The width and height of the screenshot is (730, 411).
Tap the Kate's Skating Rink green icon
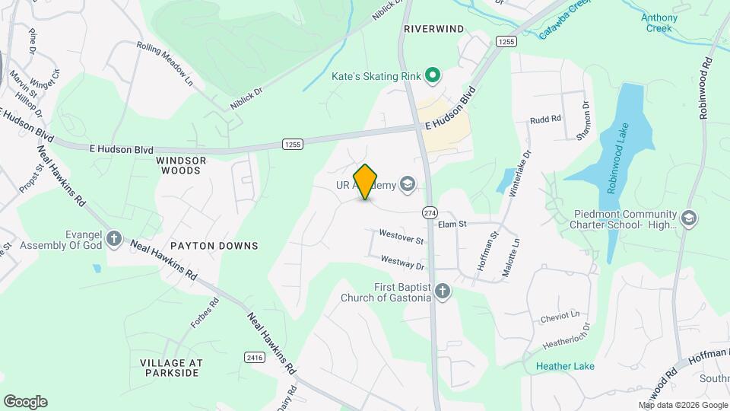433,75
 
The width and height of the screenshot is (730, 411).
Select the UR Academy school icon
408,183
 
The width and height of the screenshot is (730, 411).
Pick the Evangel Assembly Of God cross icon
114,239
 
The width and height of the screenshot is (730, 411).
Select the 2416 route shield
254,357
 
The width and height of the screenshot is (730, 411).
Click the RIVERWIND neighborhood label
433,29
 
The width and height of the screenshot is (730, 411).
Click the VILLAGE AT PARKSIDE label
170,367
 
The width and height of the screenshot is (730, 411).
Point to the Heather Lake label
565,366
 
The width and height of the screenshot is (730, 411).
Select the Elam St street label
452,224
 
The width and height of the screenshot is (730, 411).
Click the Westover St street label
401,237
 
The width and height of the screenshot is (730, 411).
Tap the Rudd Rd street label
545,119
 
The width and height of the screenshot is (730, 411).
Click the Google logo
25,402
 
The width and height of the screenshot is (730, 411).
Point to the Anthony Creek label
659,23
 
